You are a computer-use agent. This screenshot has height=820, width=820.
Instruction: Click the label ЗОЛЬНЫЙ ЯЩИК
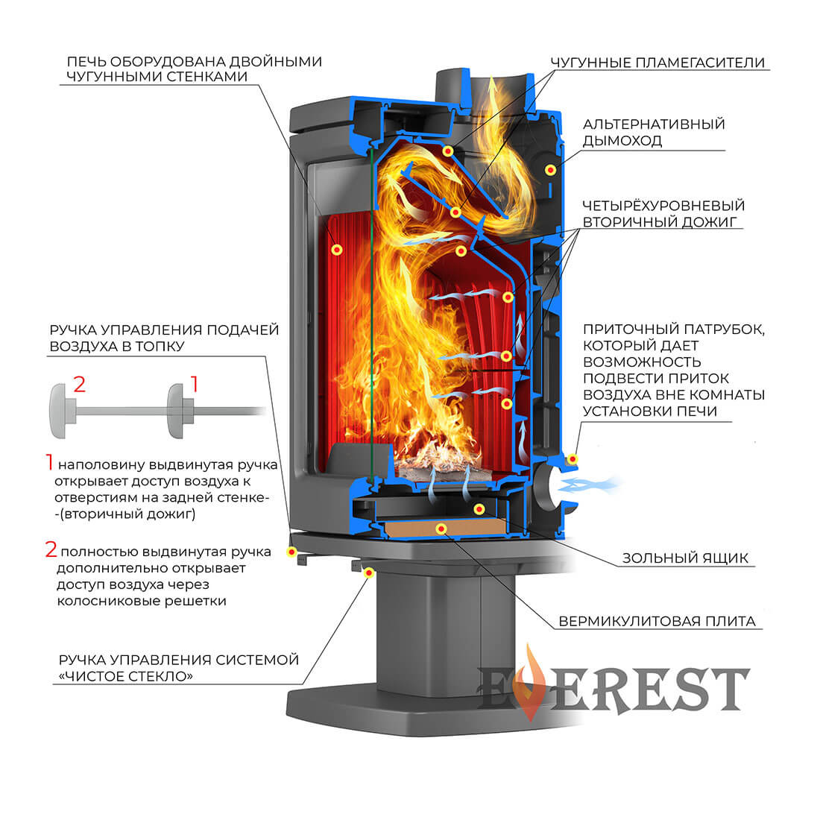click(685, 558)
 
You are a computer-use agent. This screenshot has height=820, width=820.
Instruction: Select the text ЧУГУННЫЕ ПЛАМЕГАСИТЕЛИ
click(657, 63)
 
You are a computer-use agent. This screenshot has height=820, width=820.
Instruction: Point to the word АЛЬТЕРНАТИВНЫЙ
click(654, 124)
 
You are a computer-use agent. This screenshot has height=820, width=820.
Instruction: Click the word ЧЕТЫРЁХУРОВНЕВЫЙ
click(663, 205)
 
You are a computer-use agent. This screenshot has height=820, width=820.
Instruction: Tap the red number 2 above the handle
click(80, 385)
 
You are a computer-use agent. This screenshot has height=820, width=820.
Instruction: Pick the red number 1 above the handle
click(195, 385)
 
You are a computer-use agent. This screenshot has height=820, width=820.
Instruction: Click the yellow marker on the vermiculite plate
click(441, 529)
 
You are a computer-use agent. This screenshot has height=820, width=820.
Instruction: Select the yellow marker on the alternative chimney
click(550, 170)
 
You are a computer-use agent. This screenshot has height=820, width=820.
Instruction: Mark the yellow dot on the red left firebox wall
click(337, 250)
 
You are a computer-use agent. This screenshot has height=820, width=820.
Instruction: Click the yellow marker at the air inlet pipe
click(573, 458)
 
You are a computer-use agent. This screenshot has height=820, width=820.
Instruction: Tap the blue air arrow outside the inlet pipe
click(589, 485)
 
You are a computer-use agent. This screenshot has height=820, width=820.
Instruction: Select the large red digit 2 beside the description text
click(51, 550)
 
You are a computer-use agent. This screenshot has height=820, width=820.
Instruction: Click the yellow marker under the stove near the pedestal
click(368, 572)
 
